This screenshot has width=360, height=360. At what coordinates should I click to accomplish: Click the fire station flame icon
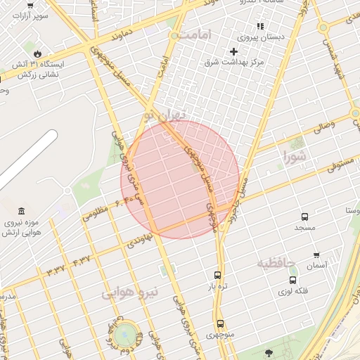click(x=37, y=53)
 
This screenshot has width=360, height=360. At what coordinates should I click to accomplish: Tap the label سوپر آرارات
click(x=33, y=14)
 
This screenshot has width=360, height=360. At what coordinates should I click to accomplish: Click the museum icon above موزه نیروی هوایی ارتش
click(x=22, y=212)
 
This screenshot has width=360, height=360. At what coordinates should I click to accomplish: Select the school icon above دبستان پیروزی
click(x=260, y=26)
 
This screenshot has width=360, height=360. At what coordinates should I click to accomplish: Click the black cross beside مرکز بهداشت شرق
click(x=234, y=51)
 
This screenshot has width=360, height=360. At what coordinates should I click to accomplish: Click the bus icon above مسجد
click(x=304, y=217)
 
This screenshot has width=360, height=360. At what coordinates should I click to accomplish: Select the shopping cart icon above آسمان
click(x=316, y=255)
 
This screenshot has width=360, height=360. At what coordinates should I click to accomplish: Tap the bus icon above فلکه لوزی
click(x=293, y=280)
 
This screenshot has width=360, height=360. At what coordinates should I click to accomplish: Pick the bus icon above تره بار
click(x=217, y=276)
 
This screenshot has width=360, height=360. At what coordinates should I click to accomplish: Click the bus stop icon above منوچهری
click(x=221, y=324)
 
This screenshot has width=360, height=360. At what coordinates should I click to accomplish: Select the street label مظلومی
click(x=96, y=212)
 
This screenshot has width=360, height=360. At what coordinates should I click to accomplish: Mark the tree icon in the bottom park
click(x=268, y=352)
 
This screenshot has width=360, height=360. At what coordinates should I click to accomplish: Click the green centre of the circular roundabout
click(x=126, y=333)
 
